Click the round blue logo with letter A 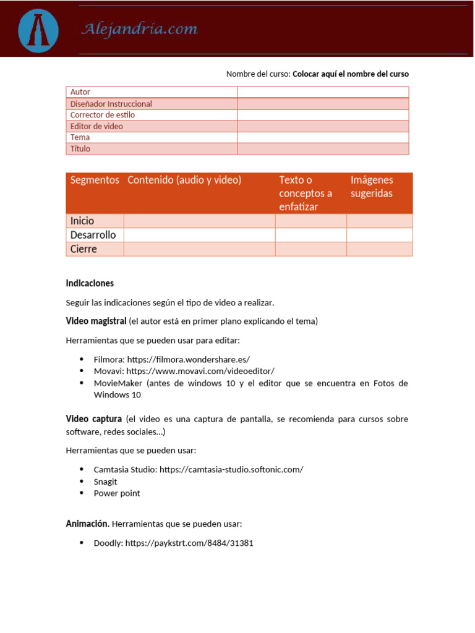coord(38,30)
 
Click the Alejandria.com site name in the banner coord(139,29)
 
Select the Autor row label coord(80,92)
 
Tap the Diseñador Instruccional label coord(111,104)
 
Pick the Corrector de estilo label coord(102,115)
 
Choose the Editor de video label coord(96,126)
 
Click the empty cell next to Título coord(323,149)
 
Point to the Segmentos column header coord(95,180)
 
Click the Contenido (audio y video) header coord(184,180)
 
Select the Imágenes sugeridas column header coord(372,187)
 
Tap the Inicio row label coord(82,221)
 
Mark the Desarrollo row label coord(93,235)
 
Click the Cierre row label coord(83,249)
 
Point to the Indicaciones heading coord(90,283)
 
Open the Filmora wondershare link coord(188,359)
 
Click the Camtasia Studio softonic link coord(231,470)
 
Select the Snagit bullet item coord(105,482)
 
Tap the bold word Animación coord(88,524)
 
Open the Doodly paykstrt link coord(189,543)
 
